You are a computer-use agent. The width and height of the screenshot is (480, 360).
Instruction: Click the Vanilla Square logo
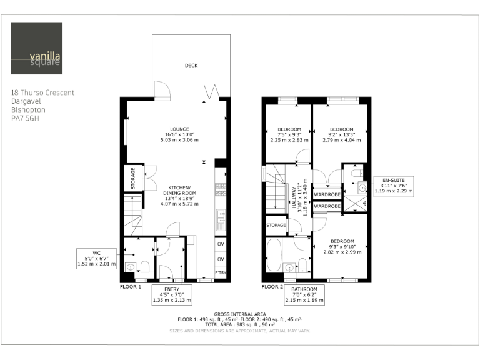point(37,48)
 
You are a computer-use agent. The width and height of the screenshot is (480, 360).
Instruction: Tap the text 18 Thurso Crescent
point(42,92)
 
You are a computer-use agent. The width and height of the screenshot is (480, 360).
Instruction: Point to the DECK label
point(191,66)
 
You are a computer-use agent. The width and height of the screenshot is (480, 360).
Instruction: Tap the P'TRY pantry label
point(221,274)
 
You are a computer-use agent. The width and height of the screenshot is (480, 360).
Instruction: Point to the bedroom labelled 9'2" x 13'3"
point(341,134)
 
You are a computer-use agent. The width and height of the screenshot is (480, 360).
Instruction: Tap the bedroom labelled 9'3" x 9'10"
point(342,247)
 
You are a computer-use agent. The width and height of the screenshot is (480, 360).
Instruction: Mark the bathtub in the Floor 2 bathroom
point(273,254)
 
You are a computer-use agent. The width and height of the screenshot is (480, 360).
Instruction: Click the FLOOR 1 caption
point(131,286)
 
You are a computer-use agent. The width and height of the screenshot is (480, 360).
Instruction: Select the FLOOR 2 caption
point(272,286)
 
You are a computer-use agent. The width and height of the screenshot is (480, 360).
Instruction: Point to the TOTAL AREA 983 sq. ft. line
point(240,324)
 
